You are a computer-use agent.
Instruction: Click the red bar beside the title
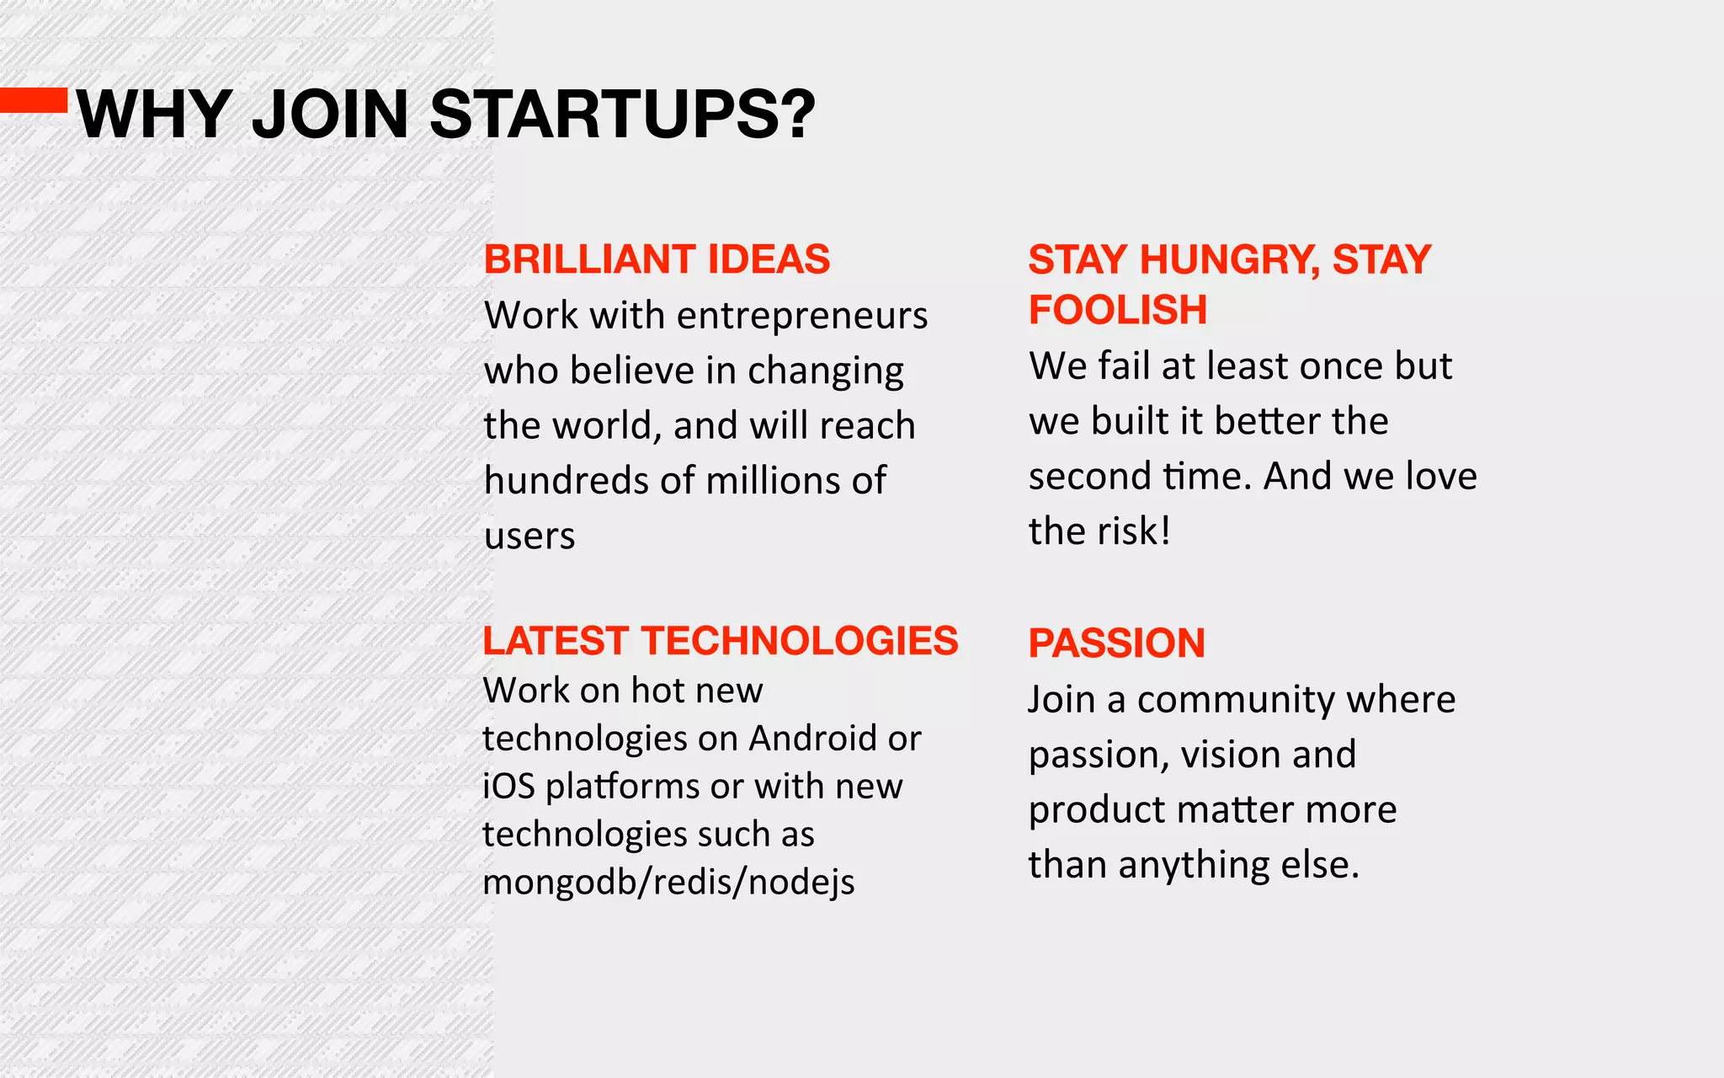tap(34, 100)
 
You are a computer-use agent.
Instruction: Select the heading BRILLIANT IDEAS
tap(657, 259)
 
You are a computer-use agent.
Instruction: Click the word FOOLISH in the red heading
tap(1118, 310)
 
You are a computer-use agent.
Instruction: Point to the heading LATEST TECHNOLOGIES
tap(720, 641)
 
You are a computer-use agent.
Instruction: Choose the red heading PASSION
tap(1116, 643)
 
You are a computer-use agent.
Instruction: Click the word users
tap(529, 536)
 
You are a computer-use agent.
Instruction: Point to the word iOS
tap(508, 787)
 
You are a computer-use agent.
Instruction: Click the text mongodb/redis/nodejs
tap(668, 883)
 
